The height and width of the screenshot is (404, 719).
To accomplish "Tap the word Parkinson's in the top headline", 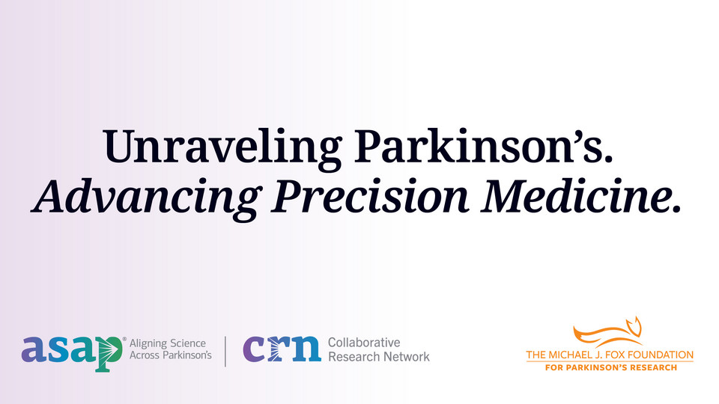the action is [x=484, y=147].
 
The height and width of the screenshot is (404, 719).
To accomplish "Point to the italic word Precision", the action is [x=370, y=197].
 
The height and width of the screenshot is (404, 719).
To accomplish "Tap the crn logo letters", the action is [x=282, y=349].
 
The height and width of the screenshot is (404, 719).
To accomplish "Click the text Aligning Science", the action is [x=167, y=343].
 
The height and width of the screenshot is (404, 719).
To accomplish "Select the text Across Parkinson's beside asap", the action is [x=171, y=355].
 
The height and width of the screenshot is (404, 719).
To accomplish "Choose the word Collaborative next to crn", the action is [x=364, y=342].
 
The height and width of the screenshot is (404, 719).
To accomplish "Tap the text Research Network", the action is [x=379, y=356].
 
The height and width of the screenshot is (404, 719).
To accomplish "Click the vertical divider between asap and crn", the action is [x=225, y=352].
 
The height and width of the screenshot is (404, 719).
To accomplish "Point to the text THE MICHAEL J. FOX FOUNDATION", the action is [x=610, y=355].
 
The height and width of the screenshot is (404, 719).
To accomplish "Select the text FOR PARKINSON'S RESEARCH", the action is [x=611, y=367].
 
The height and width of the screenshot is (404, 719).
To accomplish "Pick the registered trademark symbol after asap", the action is [x=124, y=339].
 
